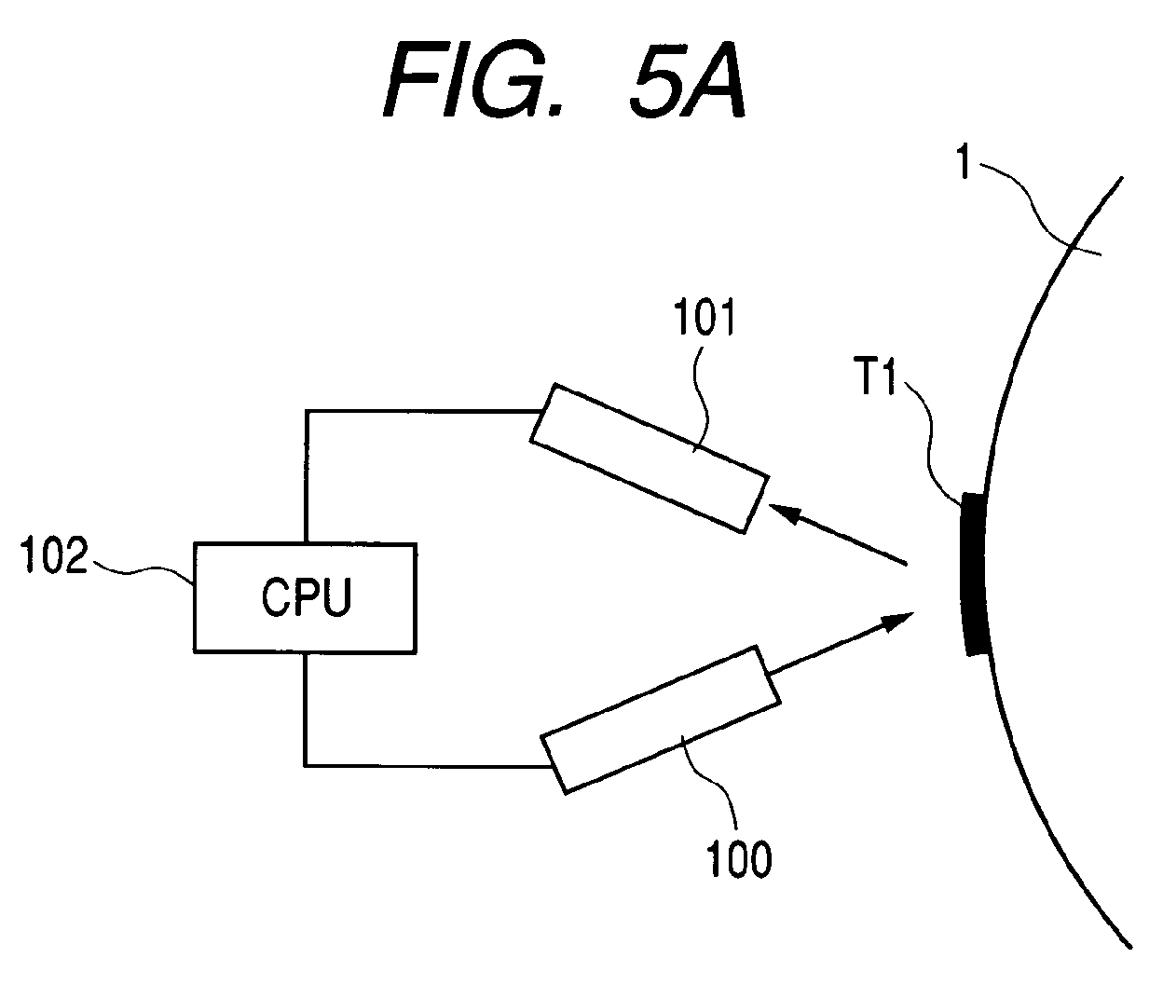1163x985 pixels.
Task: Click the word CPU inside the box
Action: click(x=307, y=597)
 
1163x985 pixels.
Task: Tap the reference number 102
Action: click(x=54, y=555)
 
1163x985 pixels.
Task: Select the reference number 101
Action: click(x=705, y=317)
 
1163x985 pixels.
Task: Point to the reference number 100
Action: click(x=739, y=859)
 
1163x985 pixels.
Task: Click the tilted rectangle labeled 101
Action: click(x=650, y=458)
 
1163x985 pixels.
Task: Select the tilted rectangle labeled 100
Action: click(x=660, y=720)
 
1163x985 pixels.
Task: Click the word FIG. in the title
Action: click(x=472, y=82)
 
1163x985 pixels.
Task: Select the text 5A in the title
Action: click(x=688, y=82)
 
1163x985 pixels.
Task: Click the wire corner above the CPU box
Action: click(x=306, y=411)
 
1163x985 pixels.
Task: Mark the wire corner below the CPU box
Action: click(x=305, y=766)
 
